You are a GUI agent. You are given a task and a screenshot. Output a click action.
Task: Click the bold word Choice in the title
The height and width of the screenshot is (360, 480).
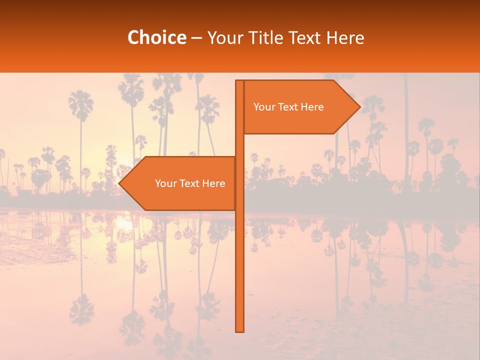[156, 38]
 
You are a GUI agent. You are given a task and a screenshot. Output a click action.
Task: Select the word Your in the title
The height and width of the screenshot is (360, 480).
[223, 38]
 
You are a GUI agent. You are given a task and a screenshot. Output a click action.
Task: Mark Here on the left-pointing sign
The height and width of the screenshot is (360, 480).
[213, 183]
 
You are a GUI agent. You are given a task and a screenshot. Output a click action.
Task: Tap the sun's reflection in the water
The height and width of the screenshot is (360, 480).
[123, 225]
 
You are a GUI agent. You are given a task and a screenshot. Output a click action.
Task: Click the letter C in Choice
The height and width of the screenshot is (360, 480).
[133, 38]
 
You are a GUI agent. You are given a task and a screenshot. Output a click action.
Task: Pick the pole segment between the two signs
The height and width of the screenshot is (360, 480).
[239, 145]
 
